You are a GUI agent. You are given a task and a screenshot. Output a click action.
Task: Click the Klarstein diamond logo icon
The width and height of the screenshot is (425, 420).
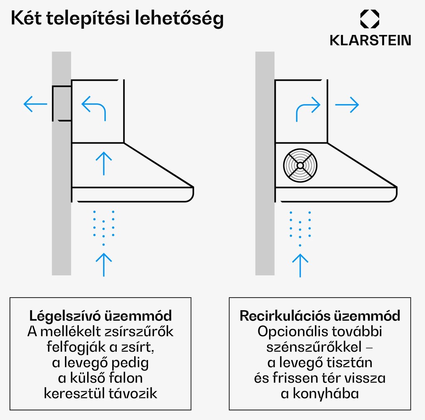click(370, 20)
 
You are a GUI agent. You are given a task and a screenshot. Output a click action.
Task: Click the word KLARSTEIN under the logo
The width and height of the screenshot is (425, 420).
click(370, 40)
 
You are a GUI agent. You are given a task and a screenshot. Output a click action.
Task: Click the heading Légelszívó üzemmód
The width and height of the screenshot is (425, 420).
click(100, 316)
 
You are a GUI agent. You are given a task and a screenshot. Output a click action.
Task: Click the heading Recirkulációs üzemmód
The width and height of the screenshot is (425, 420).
click(320, 316)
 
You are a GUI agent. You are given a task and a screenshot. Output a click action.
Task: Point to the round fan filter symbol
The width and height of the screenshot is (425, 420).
click(300, 166)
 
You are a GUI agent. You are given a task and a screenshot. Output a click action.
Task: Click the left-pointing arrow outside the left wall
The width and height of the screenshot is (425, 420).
click(35, 104)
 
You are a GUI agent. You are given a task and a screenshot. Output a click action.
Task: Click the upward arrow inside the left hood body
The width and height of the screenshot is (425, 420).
click(104, 163)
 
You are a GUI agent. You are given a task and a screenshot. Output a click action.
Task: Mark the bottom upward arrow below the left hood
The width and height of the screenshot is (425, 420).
click(104, 264)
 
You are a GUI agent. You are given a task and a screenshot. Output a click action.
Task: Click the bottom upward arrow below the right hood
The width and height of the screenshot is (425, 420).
click(300, 265)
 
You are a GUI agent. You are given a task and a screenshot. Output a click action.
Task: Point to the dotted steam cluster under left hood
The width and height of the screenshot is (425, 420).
click(103, 227)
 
